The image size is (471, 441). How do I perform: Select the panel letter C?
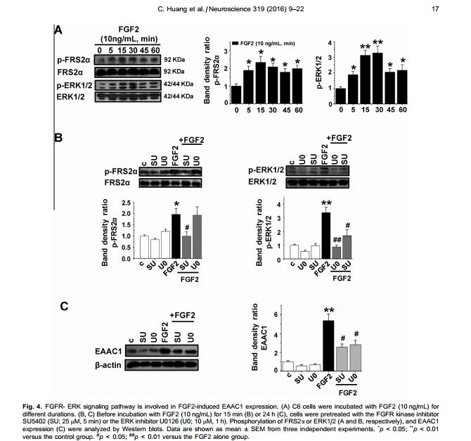[x=63, y=307]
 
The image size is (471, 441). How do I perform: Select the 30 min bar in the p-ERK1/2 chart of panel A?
[x=396, y=74]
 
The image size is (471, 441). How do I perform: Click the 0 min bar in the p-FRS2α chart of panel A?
[x=237, y=94]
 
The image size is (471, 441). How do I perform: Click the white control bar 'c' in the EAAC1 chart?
[x=287, y=365]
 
